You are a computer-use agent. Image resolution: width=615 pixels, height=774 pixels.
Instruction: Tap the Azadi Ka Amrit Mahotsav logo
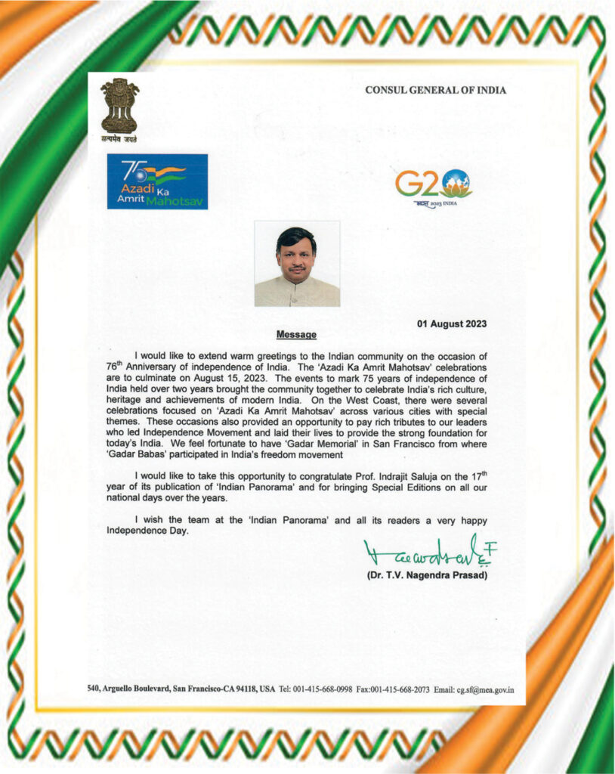157,181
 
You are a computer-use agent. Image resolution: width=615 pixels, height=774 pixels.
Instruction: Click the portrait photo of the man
297,263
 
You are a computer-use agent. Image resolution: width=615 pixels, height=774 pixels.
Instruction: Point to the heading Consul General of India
435,90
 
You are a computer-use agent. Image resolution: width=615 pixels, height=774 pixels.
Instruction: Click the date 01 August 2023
452,324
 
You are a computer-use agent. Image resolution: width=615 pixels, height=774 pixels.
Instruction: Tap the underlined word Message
296,334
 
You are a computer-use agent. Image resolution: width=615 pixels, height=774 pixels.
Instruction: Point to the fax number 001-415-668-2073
400,689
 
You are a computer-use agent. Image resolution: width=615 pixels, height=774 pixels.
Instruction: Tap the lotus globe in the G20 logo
456,182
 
